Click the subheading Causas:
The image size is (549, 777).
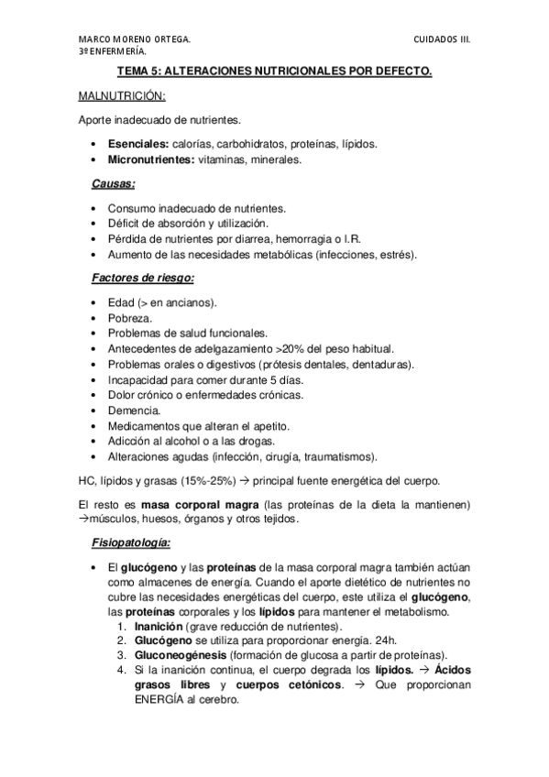pos(114,183)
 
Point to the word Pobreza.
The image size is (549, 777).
pos(129,316)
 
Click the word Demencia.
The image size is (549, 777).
pos(134,410)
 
